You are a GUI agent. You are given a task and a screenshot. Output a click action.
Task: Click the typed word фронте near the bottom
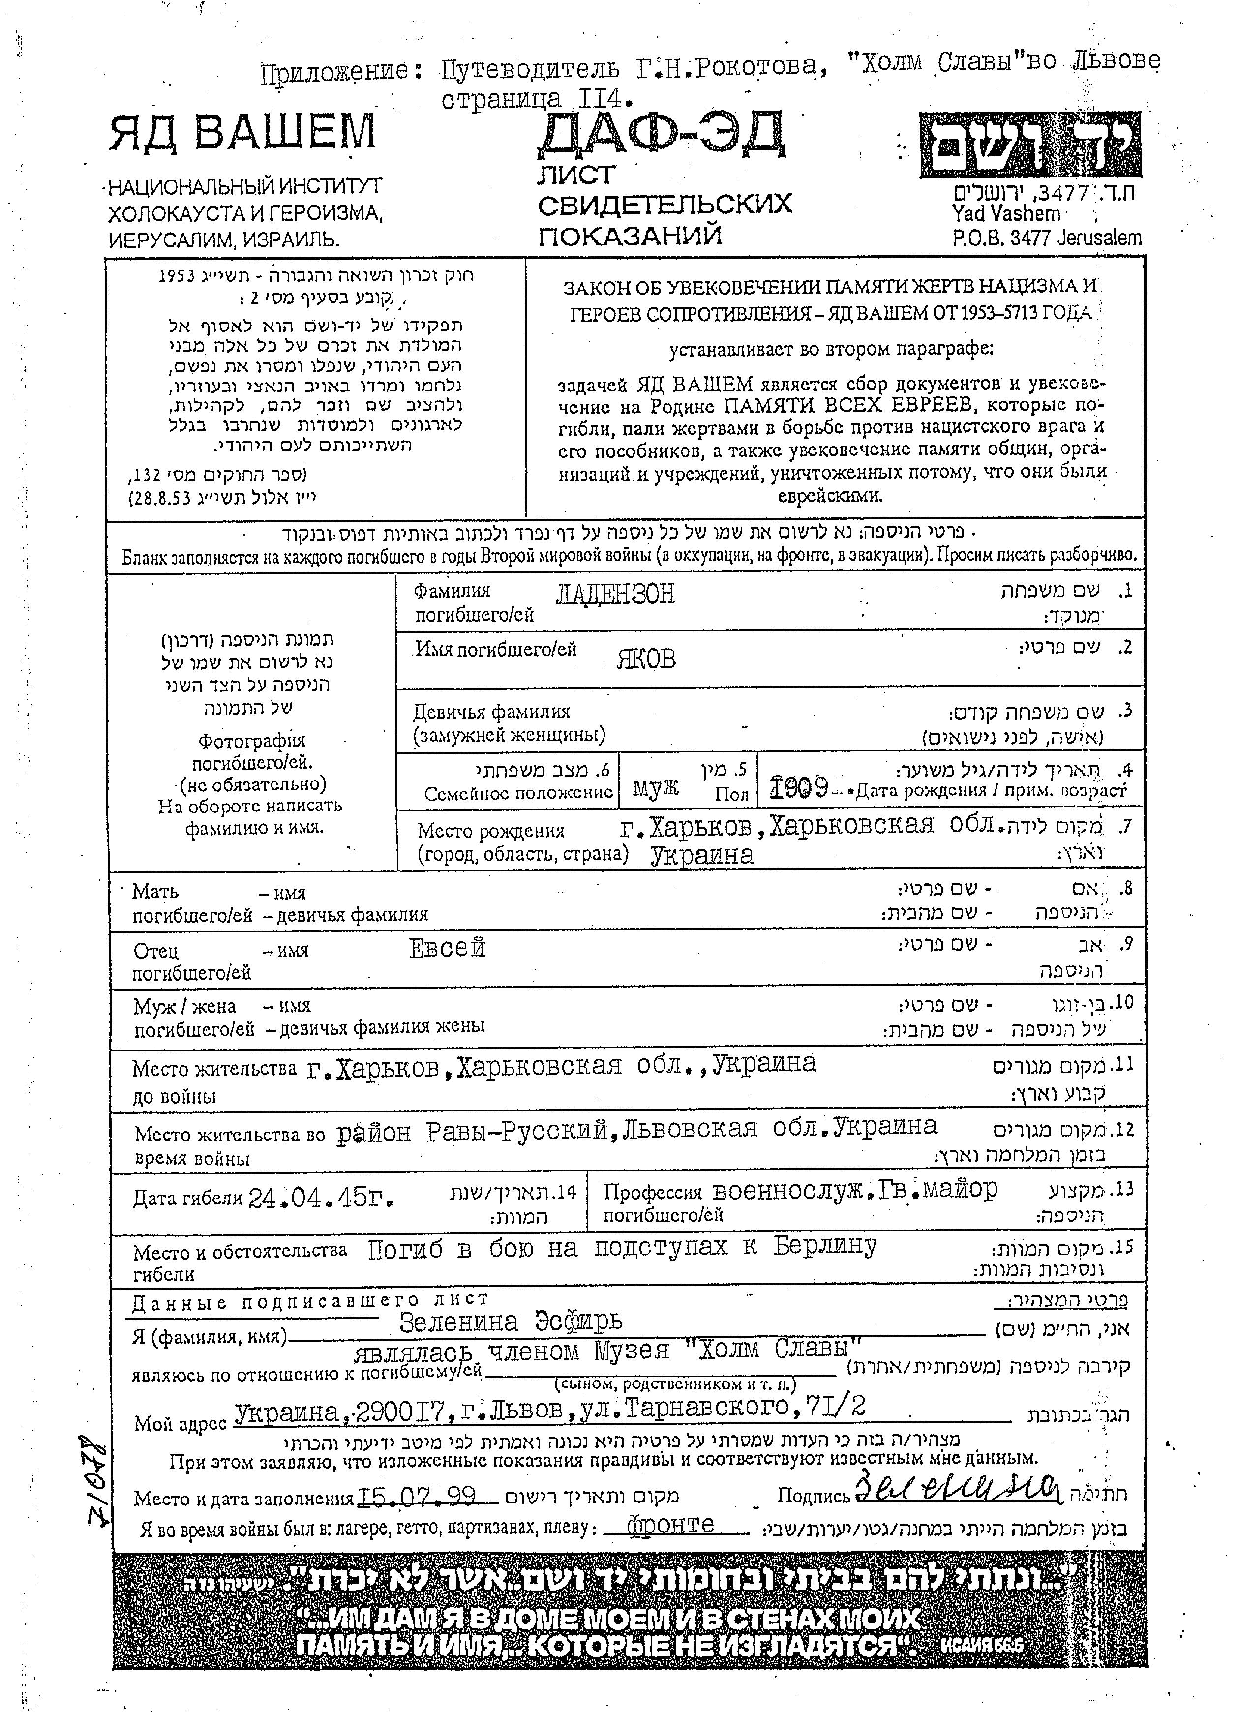tap(670, 1524)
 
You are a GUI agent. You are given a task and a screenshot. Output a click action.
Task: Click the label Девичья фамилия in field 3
tap(491, 711)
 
